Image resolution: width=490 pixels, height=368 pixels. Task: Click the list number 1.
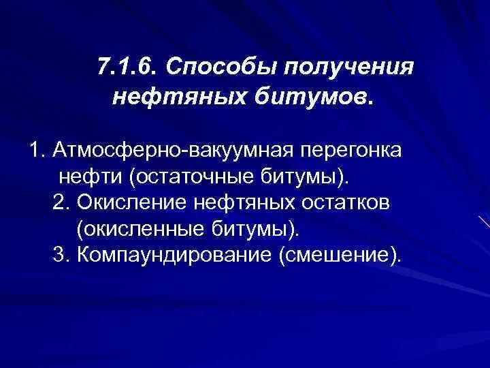click(37, 150)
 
